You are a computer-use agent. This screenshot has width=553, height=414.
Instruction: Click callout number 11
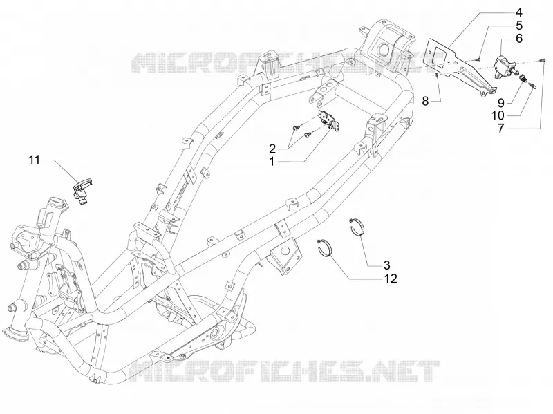[34, 160]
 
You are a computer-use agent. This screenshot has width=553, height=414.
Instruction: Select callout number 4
[519, 12]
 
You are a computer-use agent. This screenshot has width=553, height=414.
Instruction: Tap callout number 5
[519, 26]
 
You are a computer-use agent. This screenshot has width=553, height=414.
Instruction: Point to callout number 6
[519, 38]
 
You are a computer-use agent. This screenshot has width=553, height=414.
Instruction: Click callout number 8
[425, 102]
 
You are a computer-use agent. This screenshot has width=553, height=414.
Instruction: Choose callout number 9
[500, 102]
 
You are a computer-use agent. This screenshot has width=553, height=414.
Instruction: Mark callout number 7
[500, 129]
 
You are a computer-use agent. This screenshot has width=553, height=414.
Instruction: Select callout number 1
[272, 162]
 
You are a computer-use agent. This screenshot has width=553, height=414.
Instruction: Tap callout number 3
[386, 265]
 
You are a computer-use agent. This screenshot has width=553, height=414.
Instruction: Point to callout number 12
[391, 279]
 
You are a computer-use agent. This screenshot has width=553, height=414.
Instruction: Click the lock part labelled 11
[83, 191]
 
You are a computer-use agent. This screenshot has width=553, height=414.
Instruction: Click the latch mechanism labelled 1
[329, 120]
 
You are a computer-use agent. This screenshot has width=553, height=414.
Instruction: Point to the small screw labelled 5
[478, 59]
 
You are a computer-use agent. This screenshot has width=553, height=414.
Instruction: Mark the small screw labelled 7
[543, 60]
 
